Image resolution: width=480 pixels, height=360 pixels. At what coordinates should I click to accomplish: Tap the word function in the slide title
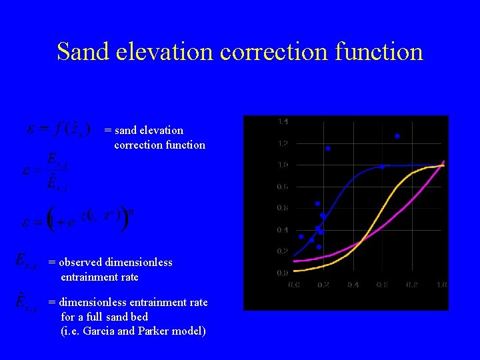tap(379, 51)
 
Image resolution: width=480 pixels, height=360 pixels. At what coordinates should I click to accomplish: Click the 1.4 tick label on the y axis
tap(283, 121)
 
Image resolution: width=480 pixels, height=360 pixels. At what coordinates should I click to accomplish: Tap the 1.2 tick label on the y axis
tap(283, 143)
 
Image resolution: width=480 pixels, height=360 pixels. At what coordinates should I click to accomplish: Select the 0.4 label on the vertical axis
tap(283, 230)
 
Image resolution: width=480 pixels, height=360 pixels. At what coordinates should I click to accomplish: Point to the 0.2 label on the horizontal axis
tap(323, 285)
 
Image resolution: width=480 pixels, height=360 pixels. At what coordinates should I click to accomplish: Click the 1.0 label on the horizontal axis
tap(441, 285)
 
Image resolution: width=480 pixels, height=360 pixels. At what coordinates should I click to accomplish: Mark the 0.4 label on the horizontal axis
tap(353, 285)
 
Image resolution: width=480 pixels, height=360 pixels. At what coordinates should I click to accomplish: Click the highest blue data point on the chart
tap(397, 136)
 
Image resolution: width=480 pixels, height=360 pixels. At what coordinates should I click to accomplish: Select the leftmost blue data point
tap(301, 236)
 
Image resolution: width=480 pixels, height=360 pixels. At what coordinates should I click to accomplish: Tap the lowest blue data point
tap(319, 247)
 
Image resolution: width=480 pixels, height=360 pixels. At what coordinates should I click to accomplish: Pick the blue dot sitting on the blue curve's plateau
tap(382, 167)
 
